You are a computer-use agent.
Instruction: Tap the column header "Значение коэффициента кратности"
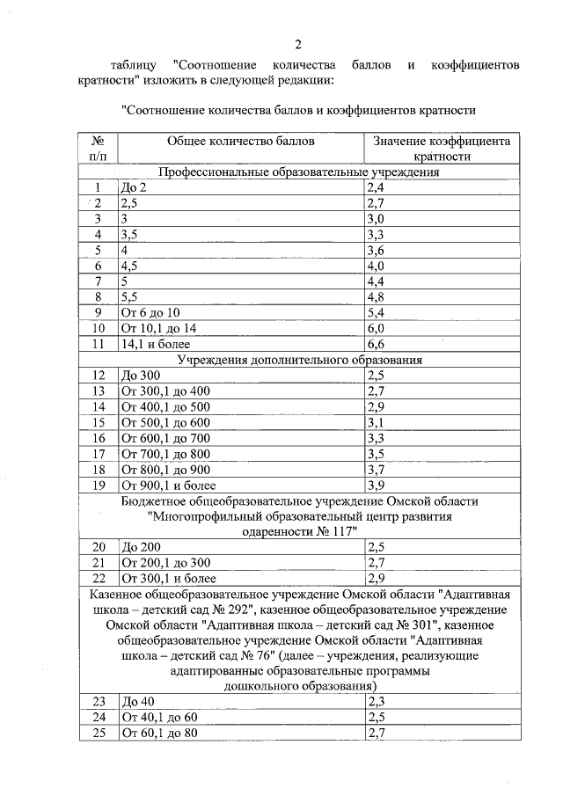point(440,148)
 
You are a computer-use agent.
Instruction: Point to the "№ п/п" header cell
point(98,148)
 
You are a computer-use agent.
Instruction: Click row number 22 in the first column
point(98,578)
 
